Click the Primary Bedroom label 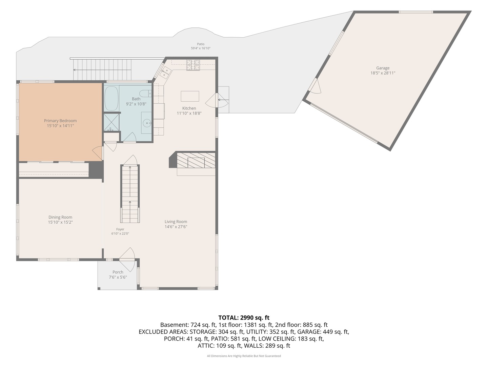60,121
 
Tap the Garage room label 383,68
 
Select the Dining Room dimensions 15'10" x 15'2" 60,222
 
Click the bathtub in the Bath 111,98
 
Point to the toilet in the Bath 146,93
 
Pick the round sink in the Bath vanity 147,123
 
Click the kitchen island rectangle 190,96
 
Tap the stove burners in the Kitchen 193,65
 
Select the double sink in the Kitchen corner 166,73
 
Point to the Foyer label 120,229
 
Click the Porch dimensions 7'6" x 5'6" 118,277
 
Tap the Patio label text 201,44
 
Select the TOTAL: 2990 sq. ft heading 244,318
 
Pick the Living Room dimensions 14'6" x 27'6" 176,227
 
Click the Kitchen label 189,108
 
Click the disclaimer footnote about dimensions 244,356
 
